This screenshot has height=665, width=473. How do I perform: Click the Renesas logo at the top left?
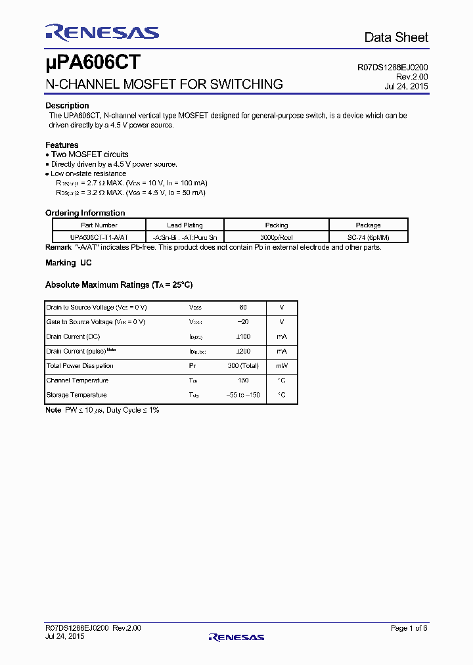click(x=102, y=33)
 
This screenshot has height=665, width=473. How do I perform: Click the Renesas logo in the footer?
click(x=236, y=637)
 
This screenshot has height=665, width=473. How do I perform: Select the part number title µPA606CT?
click(x=93, y=63)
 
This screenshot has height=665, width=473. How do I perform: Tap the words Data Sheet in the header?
click(x=396, y=37)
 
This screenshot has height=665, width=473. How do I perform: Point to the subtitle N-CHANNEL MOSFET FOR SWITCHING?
click(x=164, y=84)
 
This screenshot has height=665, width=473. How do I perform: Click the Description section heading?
click(x=67, y=106)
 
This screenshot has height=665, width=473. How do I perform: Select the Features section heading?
click(x=62, y=145)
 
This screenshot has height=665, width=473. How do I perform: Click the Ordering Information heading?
click(x=85, y=213)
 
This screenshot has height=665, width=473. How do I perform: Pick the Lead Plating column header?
click(x=185, y=225)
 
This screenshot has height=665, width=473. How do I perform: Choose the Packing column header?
click(x=277, y=225)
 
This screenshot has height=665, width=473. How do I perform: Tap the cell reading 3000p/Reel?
click(x=277, y=237)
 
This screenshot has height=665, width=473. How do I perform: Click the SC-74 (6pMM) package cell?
click(x=368, y=237)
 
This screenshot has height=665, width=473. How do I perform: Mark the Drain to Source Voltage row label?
click(x=97, y=308)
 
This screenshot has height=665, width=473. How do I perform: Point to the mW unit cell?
click(x=281, y=366)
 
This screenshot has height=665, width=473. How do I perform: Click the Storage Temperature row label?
click(x=76, y=395)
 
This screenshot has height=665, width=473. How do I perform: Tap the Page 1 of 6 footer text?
click(x=409, y=628)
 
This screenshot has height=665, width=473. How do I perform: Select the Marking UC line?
click(x=68, y=263)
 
